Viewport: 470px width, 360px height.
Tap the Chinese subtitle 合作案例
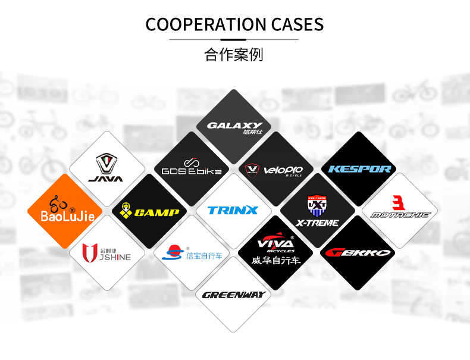(234, 55)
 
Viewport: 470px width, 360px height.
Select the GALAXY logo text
(234, 126)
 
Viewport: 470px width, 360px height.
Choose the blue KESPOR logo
(359, 169)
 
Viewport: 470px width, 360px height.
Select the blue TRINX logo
(233, 210)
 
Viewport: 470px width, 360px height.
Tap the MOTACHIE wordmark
(400, 215)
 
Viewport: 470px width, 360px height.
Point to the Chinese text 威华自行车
(275, 261)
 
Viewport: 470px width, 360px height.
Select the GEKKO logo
(359, 252)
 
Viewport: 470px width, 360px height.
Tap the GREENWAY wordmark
(233, 295)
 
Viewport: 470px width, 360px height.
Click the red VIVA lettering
(274, 243)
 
